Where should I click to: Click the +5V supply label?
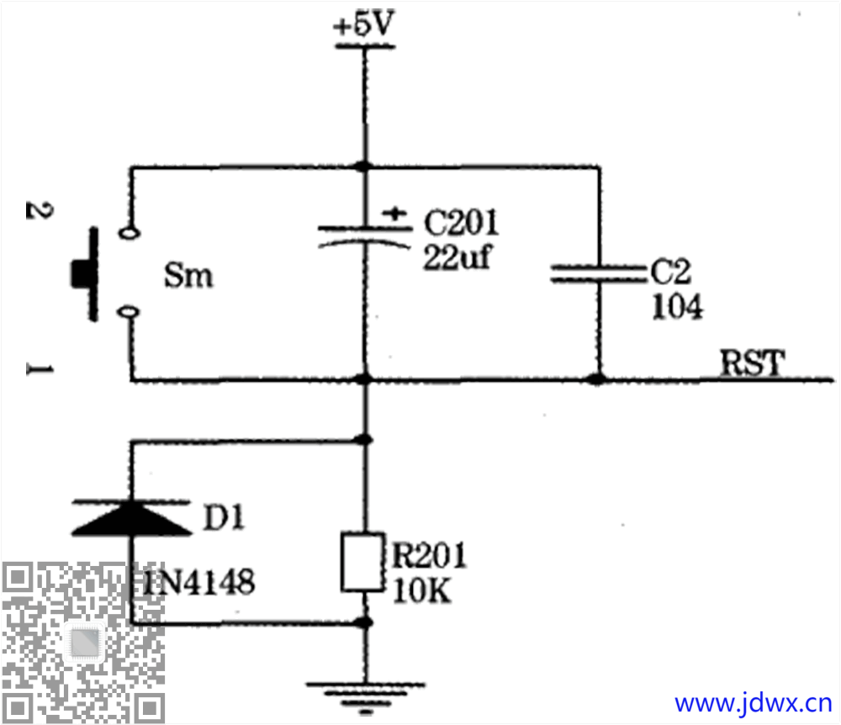pyautogui.click(x=363, y=24)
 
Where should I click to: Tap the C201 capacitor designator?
pyautogui.click(x=461, y=223)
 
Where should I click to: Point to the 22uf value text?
pyautogui.click(x=457, y=257)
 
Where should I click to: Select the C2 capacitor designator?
pyautogui.click(x=670, y=272)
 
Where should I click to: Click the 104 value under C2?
pyautogui.click(x=677, y=307)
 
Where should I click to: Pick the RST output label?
pyautogui.click(x=752, y=362)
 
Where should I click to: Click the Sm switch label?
pyautogui.click(x=188, y=276)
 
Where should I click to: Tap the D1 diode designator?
pyautogui.click(x=224, y=518)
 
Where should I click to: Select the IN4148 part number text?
pyautogui.click(x=198, y=582)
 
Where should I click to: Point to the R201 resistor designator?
pyautogui.click(x=429, y=555)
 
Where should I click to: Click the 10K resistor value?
pyautogui.click(x=421, y=590)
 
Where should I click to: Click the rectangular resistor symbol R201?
pyautogui.click(x=363, y=562)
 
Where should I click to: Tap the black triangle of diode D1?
pyautogui.click(x=132, y=518)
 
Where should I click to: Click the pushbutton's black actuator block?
pyautogui.click(x=81, y=273)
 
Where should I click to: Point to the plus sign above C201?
pyautogui.click(x=394, y=214)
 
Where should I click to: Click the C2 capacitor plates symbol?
pyautogui.click(x=599, y=273)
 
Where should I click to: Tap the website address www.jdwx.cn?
pyautogui.click(x=753, y=703)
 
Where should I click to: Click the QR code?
pyautogui.click(x=83, y=643)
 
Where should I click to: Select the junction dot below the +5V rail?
pyautogui.click(x=364, y=167)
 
